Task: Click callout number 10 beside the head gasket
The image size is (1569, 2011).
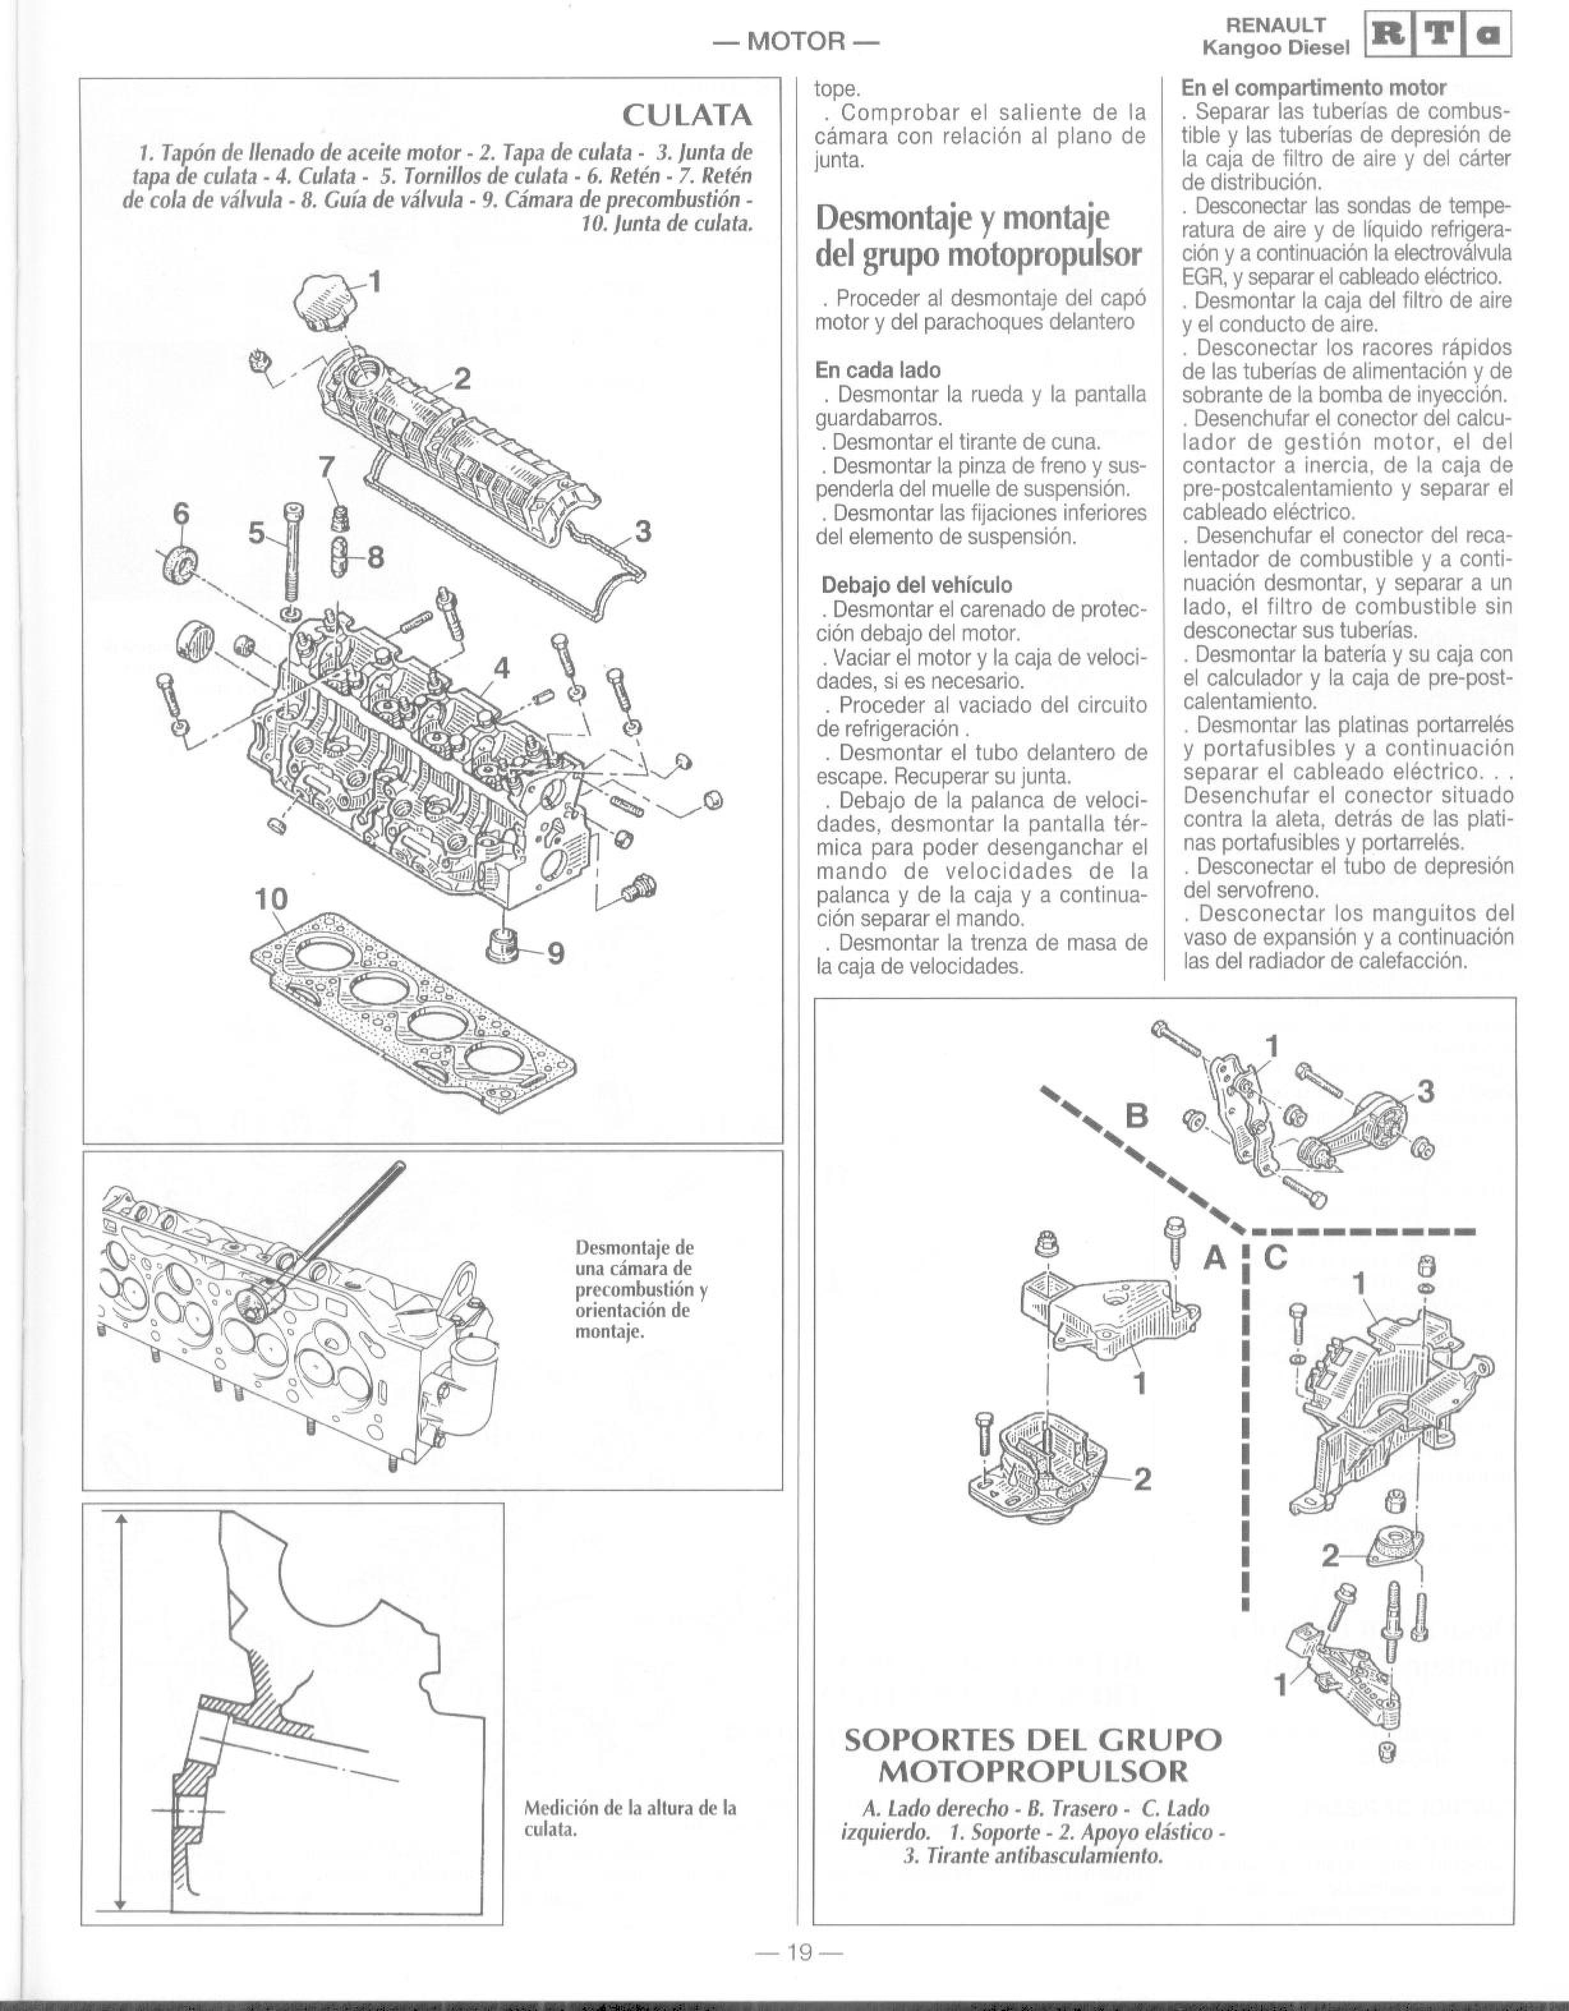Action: [x=272, y=899]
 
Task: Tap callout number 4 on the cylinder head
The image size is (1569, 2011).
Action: [x=502, y=668]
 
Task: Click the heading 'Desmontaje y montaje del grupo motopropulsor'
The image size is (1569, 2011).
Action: [x=978, y=236]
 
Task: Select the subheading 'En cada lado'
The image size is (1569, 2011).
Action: [x=878, y=370]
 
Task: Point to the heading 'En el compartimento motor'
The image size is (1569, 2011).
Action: [x=1315, y=88]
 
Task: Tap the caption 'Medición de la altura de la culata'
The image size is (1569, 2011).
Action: [x=630, y=1819]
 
